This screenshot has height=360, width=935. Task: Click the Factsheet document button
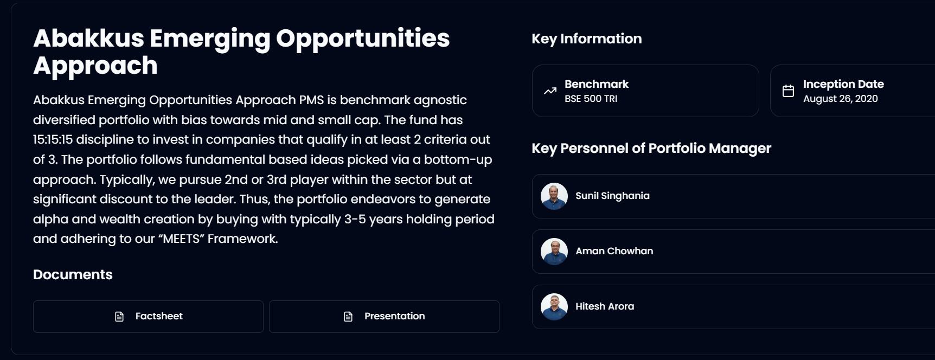point(148,317)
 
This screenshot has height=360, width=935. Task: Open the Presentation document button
point(384,317)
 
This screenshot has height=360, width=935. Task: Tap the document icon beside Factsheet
point(119,317)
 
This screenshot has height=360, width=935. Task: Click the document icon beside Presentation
point(348,317)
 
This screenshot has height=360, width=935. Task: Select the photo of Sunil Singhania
point(554,196)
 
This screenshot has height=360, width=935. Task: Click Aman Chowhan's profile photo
point(554,252)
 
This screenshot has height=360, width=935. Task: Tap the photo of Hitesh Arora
point(554,307)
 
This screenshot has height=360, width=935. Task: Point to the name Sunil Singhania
point(612,196)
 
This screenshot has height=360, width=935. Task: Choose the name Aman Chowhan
point(614,251)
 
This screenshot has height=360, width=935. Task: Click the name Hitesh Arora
point(605,306)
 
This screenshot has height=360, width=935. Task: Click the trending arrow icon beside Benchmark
point(550,91)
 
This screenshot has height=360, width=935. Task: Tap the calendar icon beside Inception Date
point(788,91)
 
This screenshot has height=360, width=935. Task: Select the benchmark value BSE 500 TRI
point(591,99)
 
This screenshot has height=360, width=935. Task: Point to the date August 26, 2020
point(840,99)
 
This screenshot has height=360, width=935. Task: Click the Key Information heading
point(586,39)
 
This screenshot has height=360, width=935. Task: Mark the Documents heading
point(73,275)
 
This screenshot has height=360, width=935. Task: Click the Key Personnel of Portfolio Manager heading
point(651,149)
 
